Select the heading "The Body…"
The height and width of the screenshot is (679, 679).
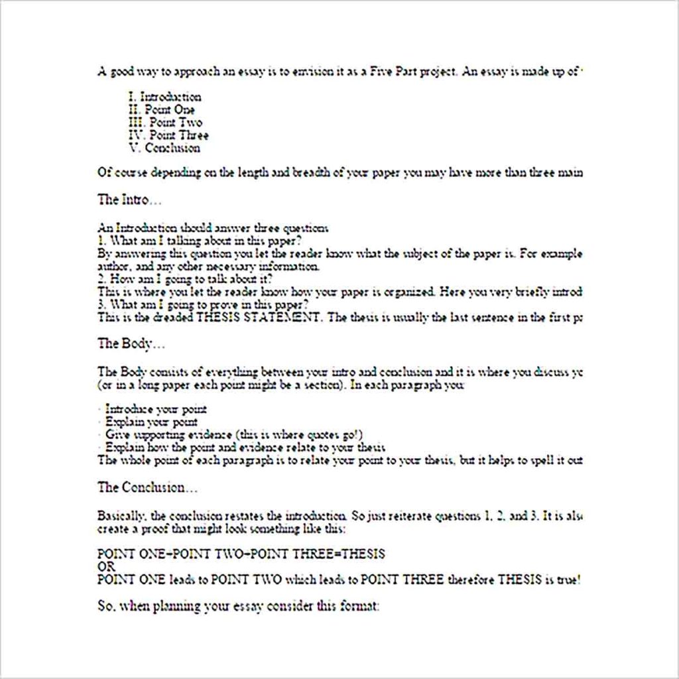point(131,343)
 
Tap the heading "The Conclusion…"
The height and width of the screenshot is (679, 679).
point(147,487)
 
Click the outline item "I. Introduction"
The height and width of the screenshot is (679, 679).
point(165,97)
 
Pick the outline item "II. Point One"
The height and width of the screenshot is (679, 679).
point(162,110)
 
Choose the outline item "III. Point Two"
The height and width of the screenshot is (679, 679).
point(165,123)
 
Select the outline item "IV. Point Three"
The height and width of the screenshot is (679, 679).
point(168,135)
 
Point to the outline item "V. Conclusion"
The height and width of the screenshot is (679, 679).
point(164,148)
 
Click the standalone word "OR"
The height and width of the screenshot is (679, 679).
point(106,567)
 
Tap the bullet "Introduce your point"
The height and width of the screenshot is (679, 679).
point(156,410)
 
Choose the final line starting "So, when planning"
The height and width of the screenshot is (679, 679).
point(238,607)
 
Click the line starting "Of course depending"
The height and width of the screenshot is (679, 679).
point(339,173)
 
